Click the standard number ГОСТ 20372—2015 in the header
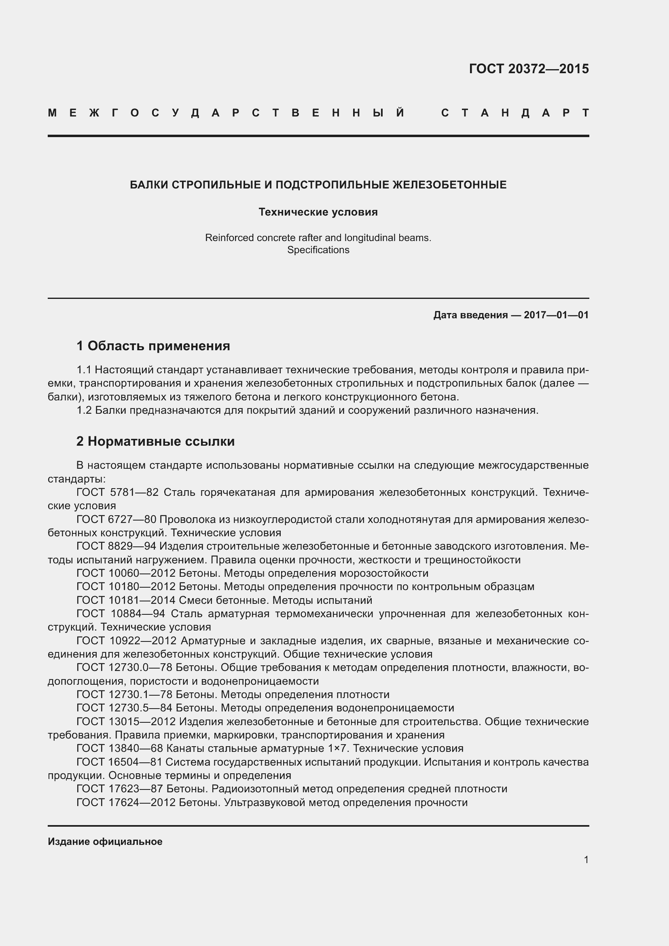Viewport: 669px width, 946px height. click(529, 69)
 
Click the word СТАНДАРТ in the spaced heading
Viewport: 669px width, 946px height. click(515, 113)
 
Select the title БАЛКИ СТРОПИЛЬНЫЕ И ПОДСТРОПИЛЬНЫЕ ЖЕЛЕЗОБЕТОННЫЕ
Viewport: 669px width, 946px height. click(318, 185)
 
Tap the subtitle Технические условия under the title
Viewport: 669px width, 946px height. click(318, 212)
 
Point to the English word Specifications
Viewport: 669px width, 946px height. click(318, 250)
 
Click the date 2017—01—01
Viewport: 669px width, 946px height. click(556, 315)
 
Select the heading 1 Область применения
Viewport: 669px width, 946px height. click(153, 346)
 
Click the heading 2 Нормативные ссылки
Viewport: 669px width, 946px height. click(155, 441)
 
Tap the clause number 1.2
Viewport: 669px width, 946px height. click(84, 411)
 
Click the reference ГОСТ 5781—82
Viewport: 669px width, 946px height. click(117, 492)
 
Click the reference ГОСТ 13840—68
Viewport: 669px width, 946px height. click(120, 748)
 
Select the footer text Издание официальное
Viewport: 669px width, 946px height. click(105, 842)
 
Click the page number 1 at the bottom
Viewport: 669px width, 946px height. click(586, 860)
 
